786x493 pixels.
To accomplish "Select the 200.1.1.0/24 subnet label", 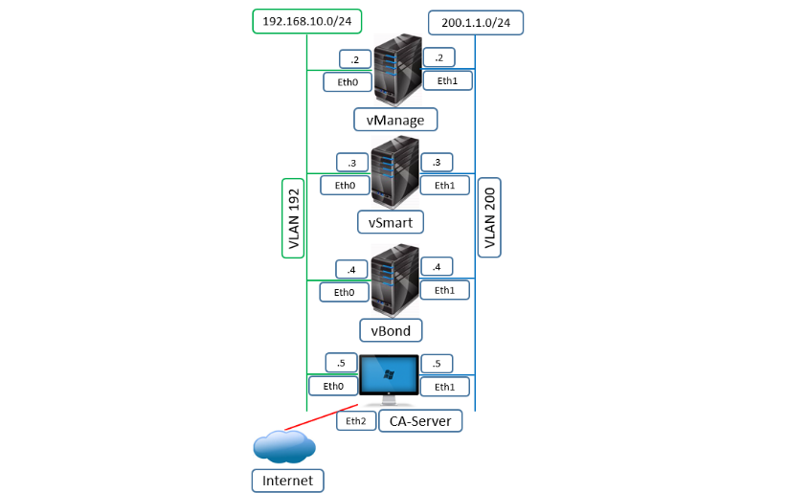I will pyautogui.click(x=476, y=22).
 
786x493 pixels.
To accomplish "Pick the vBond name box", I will pyautogui.click(x=391, y=330).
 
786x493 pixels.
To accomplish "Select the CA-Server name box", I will pyautogui.click(x=420, y=420).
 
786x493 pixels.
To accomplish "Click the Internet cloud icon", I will pyautogui.click(x=285, y=446).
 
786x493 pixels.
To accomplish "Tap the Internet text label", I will pyautogui.click(x=287, y=480).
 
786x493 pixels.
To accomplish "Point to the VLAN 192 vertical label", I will pyautogui.click(x=293, y=217).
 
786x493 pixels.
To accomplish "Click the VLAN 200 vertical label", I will pyautogui.click(x=490, y=217).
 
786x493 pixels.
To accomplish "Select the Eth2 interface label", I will pyautogui.click(x=356, y=420).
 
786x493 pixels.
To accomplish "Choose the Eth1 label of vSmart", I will pyautogui.click(x=444, y=186).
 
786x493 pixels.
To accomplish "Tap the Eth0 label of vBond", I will pyautogui.click(x=344, y=292).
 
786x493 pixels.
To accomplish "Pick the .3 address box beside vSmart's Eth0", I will pyautogui.click(x=352, y=162).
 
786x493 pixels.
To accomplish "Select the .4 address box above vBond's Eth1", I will pyautogui.click(x=437, y=267).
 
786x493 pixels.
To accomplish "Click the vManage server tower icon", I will pyautogui.click(x=397, y=70).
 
